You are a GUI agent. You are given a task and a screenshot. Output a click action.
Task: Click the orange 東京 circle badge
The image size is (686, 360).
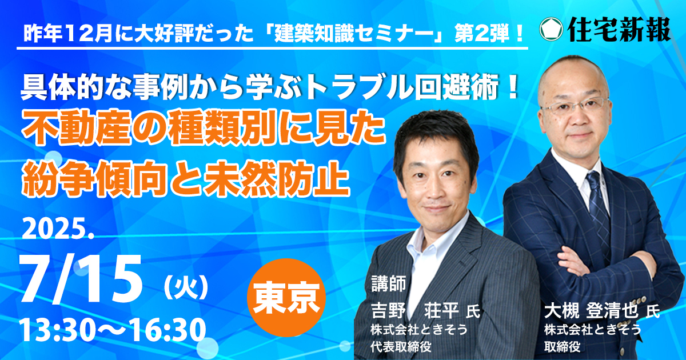[x=286, y=298]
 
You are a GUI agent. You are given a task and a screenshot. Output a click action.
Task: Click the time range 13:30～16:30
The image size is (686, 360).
[x=113, y=331]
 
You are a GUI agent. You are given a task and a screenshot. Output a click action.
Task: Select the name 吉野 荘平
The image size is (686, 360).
[x=414, y=310]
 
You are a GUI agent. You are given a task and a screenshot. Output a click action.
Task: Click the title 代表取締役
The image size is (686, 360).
[x=401, y=346]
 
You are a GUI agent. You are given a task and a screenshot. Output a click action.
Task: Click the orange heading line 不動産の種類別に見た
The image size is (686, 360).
[x=203, y=131]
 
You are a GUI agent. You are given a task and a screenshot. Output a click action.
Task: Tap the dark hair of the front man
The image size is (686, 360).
[x=435, y=135]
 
